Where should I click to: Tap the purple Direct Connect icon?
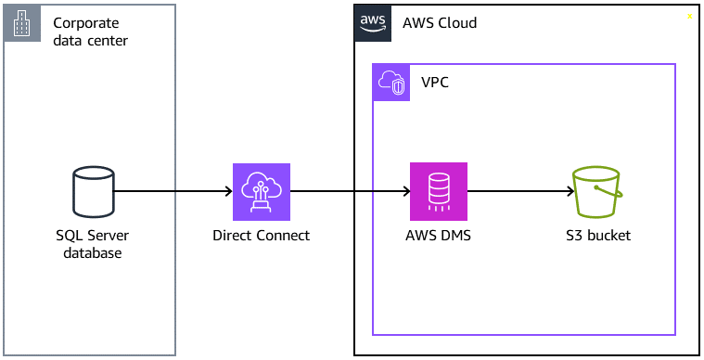[x=261, y=192]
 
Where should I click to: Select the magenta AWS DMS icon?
[x=439, y=192]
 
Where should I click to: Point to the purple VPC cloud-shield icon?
[x=390, y=83]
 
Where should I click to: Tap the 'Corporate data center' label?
[x=91, y=32]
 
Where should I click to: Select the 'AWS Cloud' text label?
[x=440, y=22]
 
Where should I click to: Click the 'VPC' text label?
[x=436, y=83]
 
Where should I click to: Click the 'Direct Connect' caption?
[x=261, y=236]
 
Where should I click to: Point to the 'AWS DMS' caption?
[x=438, y=236]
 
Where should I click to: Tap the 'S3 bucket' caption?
[x=597, y=236]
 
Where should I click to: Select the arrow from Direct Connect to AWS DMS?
[x=350, y=192]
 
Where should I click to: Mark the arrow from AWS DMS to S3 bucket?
[x=519, y=192]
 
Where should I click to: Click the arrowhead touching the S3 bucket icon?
[x=569, y=192]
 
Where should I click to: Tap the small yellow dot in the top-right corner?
[x=689, y=17]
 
